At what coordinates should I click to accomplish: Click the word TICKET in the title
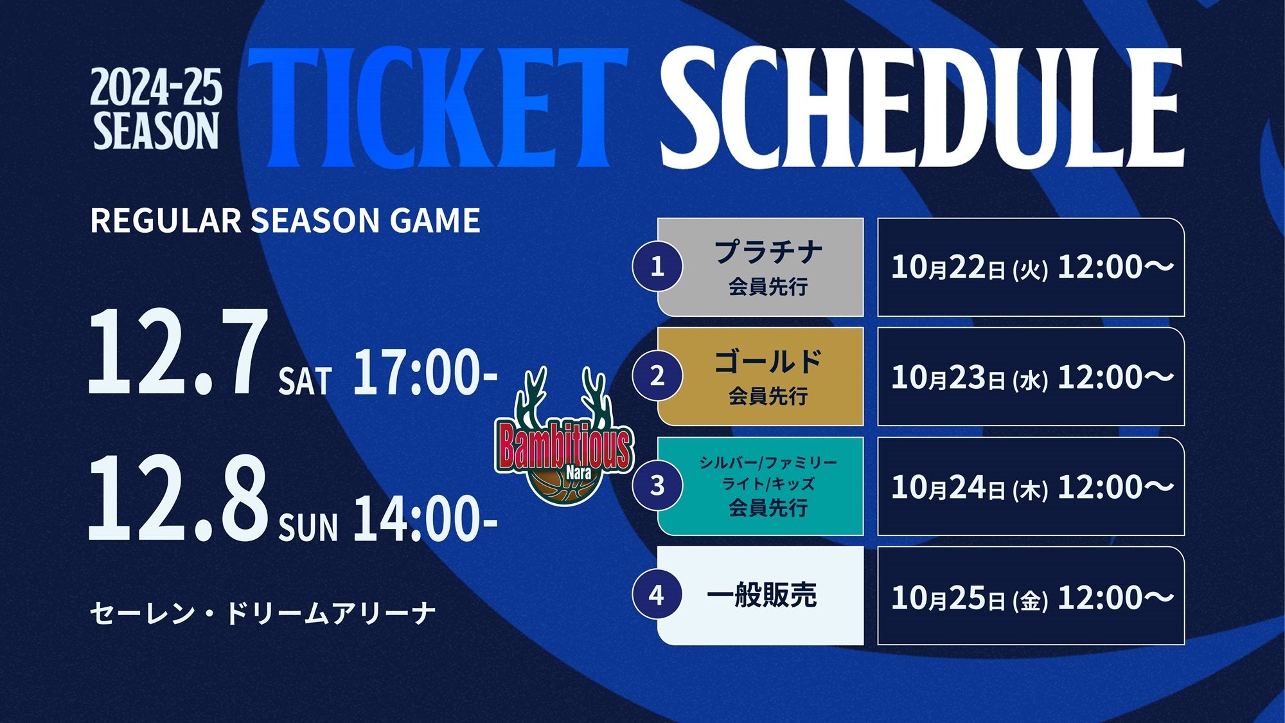[x=438, y=108]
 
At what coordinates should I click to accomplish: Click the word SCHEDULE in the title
[x=922, y=108]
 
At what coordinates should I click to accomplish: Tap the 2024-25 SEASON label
[x=156, y=109]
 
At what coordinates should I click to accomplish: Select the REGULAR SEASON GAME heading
[x=285, y=220]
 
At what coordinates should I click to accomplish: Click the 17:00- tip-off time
[x=425, y=372]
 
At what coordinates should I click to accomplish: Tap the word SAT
[x=305, y=381]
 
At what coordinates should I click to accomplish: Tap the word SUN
[x=308, y=527]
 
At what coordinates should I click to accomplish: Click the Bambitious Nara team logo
[x=564, y=436]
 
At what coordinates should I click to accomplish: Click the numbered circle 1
[x=657, y=266]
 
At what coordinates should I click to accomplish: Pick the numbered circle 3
[x=657, y=485]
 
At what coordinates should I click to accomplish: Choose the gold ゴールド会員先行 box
[x=761, y=377]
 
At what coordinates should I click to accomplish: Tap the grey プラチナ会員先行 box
[x=761, y=267]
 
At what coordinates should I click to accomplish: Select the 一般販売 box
[x=761, y=596]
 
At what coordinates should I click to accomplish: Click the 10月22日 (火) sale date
[x=970, y=267]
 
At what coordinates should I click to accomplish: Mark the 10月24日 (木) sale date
[x=970, y=487]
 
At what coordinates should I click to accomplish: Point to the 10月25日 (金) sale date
[x=970, y=597]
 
